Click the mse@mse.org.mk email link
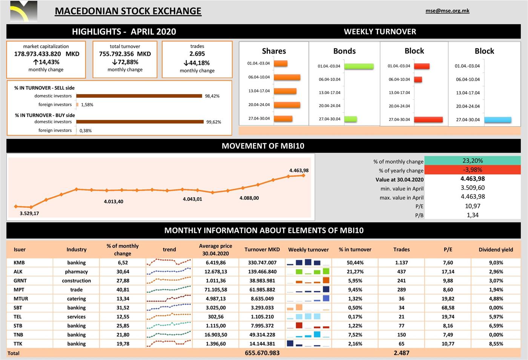coord(447,11)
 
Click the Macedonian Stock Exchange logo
coord(24,11)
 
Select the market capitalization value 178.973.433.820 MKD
coord(46,54)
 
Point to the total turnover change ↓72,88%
coord(125,62)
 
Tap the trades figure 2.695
coord(197,54)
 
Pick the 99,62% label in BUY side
coord(213,122)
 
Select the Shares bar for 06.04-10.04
coord(287,77)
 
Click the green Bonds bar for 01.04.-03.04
coord(359,66)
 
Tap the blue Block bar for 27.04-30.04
coord(497,120)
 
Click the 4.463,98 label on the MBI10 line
coord(299,170)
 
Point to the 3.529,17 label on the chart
coord(29,213)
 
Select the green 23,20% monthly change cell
coord(472,161)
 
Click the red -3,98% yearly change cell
coord(472,170)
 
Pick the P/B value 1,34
coord(472,215)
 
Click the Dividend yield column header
coord(496,250)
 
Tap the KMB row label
coord(19,263)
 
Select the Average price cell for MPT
coord(215,290)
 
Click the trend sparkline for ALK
coord(169,272)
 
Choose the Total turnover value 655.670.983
coord(262,353)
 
